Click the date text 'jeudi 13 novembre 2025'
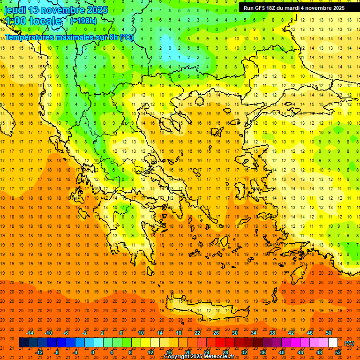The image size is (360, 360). [56, 10]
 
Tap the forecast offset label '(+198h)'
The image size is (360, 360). [83, 21]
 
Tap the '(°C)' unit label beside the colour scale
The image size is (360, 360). [349, 343]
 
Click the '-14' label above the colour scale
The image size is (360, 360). [30, 333]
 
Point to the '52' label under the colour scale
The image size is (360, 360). [338, 352]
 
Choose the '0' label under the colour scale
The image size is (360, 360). [93, 352]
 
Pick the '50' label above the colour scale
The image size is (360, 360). [328, 333]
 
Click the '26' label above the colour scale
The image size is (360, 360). [216, 333]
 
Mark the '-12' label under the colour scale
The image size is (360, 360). [39, 352]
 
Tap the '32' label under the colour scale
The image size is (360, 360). [244, 352]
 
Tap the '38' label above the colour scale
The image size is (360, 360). [272, 333]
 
